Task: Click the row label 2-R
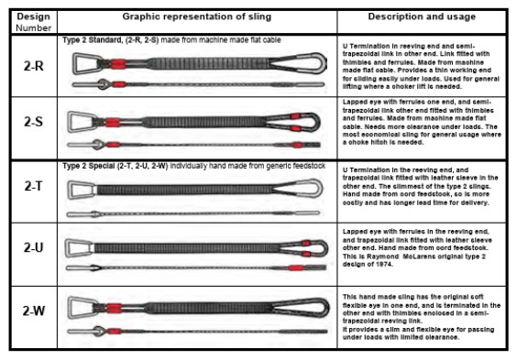tap(33, 66)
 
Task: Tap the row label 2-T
tap(33, 187)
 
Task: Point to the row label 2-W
tap(33, 311)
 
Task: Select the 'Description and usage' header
tap(423, 17)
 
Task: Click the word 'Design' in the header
tap(33, 16)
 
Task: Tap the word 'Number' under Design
tap(33, 27)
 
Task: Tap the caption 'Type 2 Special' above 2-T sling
tap(92, 166)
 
